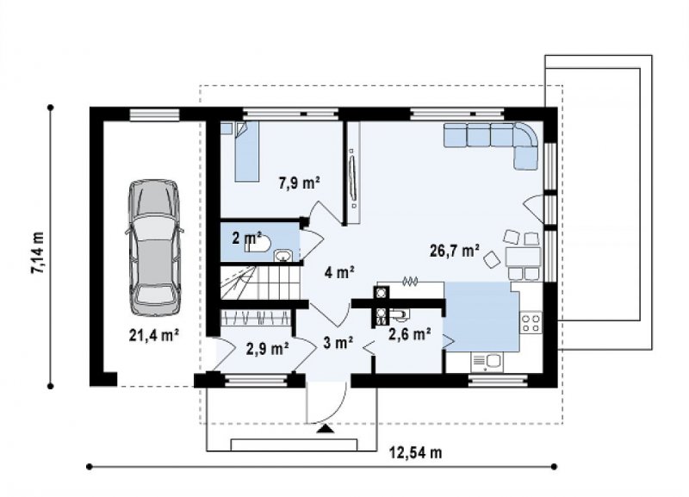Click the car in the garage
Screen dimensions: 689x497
(x=154, y=247)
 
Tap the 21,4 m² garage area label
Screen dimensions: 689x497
(x=154, y=335)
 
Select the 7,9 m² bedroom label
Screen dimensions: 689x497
(x=299, y=182)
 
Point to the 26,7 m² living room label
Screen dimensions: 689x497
(x=455, y=251)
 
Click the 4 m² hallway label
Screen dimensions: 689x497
(x=339, y=272)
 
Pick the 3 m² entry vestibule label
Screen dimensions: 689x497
(x=338, y=342)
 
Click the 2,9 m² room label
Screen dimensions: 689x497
(x=268, y=349)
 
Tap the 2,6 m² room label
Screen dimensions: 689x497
(x=410, y=334)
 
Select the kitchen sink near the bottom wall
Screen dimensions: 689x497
(x=487, y=362)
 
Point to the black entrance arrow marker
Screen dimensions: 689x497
(x=325, y=429)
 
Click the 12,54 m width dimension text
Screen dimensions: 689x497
(x=415, y=452)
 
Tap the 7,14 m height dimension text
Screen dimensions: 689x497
(x=37, y=252)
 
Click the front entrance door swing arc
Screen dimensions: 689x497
(x=338, y=407)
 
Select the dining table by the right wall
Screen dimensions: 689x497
(x=523, y=257)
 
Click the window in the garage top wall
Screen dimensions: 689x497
(x=155, y=115)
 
